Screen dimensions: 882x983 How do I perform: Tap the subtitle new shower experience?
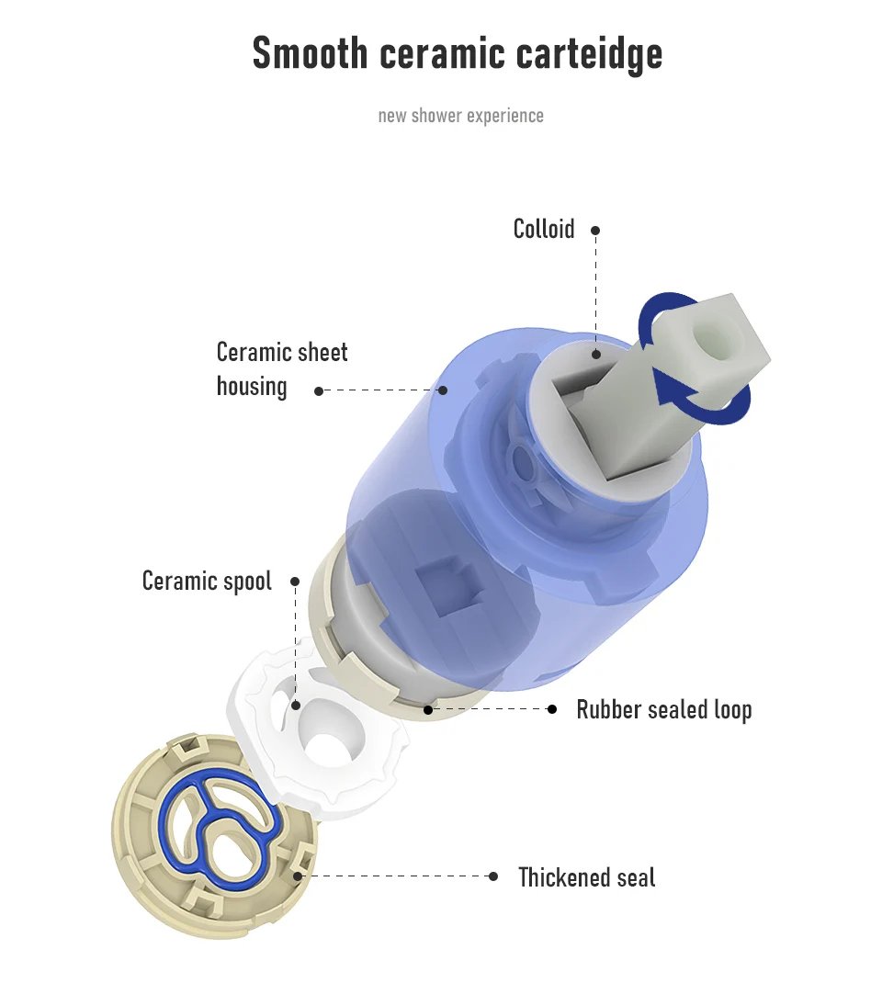[x=460, y=116]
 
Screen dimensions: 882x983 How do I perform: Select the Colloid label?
[x=543, y=229]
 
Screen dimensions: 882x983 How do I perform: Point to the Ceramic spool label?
[x=207, y=581]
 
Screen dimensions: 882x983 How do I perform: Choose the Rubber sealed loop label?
[x=663, y=709]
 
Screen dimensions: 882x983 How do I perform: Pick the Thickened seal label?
[x=586, y=876]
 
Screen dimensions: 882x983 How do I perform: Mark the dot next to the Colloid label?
[x=595, y=230]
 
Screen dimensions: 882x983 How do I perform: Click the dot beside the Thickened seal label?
[x=493, y=876]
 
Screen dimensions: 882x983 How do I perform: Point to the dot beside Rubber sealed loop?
[x=552, y=709]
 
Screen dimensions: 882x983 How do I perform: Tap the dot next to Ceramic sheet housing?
[x=319, y=390]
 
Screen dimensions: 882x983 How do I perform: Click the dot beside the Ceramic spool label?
[x=295, y=582]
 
